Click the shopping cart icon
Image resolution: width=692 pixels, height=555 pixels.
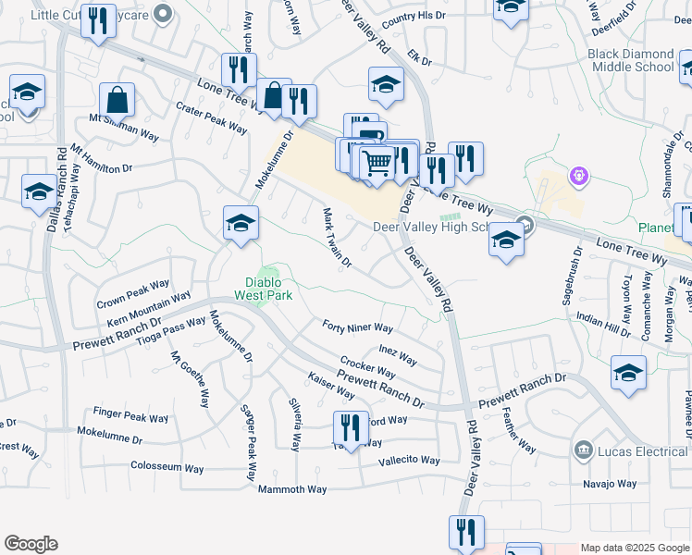click(377, 164)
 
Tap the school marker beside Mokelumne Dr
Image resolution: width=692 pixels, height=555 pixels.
click(241, 223)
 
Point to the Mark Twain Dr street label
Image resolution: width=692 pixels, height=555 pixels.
click(337, 238)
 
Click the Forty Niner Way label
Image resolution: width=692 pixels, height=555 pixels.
click(358, 327)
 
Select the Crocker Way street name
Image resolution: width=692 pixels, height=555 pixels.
click(367, 367)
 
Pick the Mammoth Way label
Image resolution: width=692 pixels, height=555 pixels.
click(292, 488)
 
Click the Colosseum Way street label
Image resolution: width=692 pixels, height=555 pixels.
click(167, 467)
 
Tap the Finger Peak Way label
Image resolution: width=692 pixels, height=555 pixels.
click(131, 416)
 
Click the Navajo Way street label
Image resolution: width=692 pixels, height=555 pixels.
click(610, 483)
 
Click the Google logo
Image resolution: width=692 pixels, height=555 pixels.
click(31, 544)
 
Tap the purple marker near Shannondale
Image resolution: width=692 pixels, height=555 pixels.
click(580, 174)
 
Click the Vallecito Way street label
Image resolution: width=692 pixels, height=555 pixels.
click(410, 460)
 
